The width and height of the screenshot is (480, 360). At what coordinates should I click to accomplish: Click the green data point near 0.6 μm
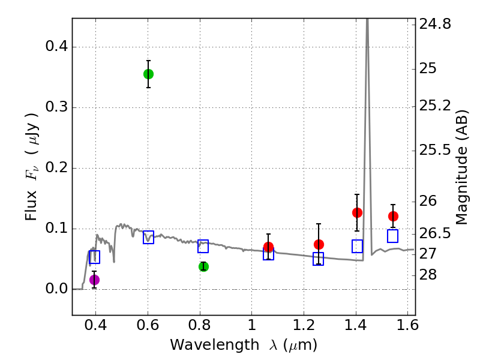coord(148,74)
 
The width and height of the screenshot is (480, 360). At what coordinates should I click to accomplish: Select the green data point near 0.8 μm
coord(203,266)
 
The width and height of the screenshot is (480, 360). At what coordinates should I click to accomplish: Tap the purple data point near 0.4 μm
coord(94,280)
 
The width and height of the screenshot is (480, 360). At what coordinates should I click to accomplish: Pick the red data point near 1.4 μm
coord(357,212)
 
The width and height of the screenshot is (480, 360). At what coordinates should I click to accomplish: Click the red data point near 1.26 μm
coord(319,244)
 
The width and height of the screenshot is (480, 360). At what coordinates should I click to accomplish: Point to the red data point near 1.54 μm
coord(393,216)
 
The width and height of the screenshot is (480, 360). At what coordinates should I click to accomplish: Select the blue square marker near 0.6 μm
coord(148,237)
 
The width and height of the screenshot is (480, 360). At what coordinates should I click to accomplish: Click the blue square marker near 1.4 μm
coord(357,246)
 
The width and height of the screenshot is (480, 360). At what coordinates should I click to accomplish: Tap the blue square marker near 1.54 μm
coord(393,236)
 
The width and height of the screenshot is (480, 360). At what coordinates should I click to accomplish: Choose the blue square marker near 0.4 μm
coord(94,257)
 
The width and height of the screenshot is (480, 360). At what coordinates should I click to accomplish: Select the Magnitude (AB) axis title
coord(462,167)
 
